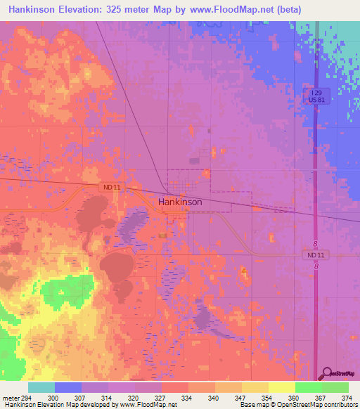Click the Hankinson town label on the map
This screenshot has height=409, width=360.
point(180,202)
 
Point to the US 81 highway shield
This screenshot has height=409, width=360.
point(316,100)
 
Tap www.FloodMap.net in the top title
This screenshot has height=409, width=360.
point(233,10)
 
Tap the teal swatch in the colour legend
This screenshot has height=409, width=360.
point(41,387)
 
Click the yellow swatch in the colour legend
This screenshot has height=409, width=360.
point(281,387)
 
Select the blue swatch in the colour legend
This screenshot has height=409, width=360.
point(68,387)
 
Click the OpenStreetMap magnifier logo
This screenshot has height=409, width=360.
point(326,372)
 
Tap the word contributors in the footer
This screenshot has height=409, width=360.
point(340,405)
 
